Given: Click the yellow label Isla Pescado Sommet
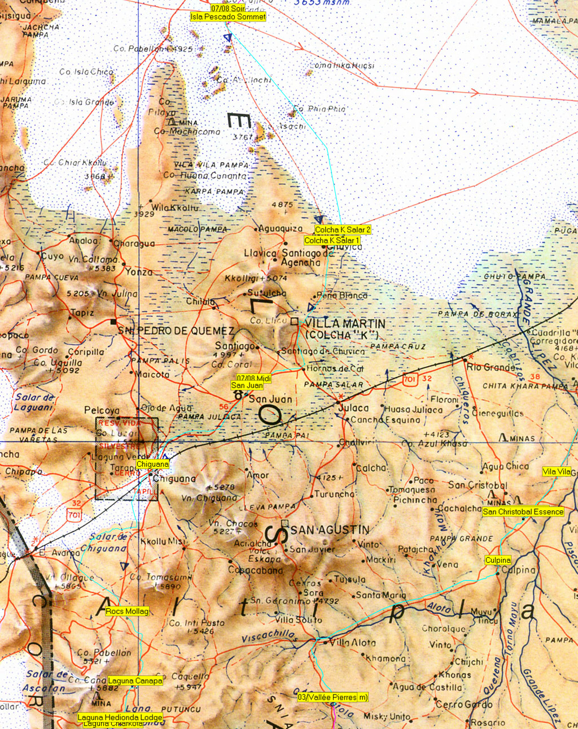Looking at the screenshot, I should tap(228, 17).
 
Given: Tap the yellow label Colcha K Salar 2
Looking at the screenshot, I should tap(343, 230).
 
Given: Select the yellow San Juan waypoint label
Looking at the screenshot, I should tap(247, 385).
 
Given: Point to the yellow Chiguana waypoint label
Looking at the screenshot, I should tap(152, 465).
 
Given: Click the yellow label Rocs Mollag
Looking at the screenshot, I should tap(127, 611).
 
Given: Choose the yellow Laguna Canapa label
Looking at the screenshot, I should tap(135, 681).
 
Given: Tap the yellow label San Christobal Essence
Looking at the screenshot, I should tap(523, 512).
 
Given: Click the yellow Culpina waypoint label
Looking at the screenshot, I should tap(498, 561).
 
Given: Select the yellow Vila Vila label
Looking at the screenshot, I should tap(557, 472).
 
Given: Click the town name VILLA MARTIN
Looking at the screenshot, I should tap(345, 324).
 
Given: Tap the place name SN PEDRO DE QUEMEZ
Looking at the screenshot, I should tap(176, 331).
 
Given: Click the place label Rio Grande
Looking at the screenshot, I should tap(491, 367).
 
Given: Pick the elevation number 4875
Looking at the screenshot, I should tap(282, 205).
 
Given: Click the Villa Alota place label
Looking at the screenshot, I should tap(352, 643).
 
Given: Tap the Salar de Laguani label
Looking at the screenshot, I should tap(34, 402).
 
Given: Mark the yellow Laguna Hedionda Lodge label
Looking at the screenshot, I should tap(120, 718).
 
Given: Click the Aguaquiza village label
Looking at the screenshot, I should tap(281, 229).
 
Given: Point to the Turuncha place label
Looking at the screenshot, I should tap(334, 494).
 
